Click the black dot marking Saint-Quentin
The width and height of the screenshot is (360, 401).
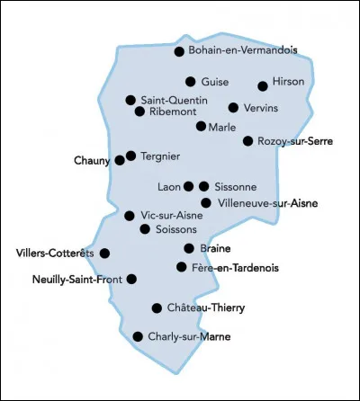pyautogui.click(x=130, y=100)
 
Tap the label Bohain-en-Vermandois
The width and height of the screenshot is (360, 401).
pyautogui.click(x=242, y=51)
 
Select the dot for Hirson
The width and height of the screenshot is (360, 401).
pyautogui.click(x=263, y=86)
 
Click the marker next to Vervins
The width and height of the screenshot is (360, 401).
pyautogui.click(x=233, y=108)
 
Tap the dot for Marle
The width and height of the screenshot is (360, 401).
pyautogui.click(x=201, y=127)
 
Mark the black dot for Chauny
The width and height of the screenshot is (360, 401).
pyautogui.click(x=120, y=161)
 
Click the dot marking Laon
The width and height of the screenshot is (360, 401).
pyautogui.click(x=188, y=187)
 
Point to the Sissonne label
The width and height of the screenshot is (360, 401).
pyautogui.click(x=236, y=187)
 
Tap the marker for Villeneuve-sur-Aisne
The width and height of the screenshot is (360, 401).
pyautogui.click(x=206, y=203)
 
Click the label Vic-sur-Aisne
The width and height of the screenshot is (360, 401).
pyautogui.click(x=172, y=215)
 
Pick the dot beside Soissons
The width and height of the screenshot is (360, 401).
pyautogui.click(x=145, y=229)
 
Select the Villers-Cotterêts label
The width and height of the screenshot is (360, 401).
pyautogui.click(x=55, y=254)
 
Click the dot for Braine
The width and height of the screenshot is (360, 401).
pyautogui.click(x=189, y=248)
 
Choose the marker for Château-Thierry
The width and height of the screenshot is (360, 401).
pyautogui.click(x=157, y=307)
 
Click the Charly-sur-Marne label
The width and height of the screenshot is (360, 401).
pyautogui.click(x=188, y=337)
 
